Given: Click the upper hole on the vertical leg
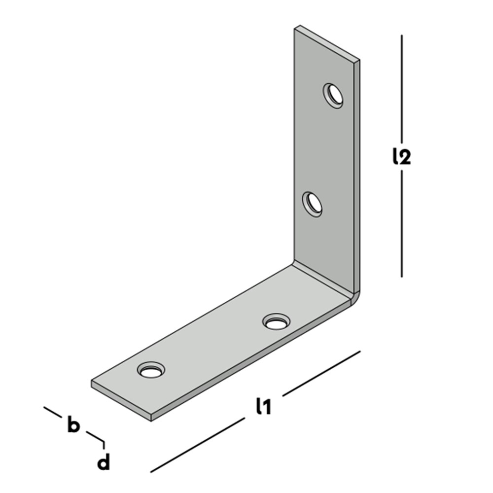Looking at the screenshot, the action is point(333,96).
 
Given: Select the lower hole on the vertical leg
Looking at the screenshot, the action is point(312,205).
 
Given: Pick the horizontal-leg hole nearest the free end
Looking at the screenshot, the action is point(151,370).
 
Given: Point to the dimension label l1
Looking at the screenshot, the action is point(263,406).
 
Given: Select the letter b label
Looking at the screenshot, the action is point(73,424).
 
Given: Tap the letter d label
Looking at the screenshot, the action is point(104,461).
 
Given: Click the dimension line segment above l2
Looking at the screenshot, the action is point(402,89).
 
